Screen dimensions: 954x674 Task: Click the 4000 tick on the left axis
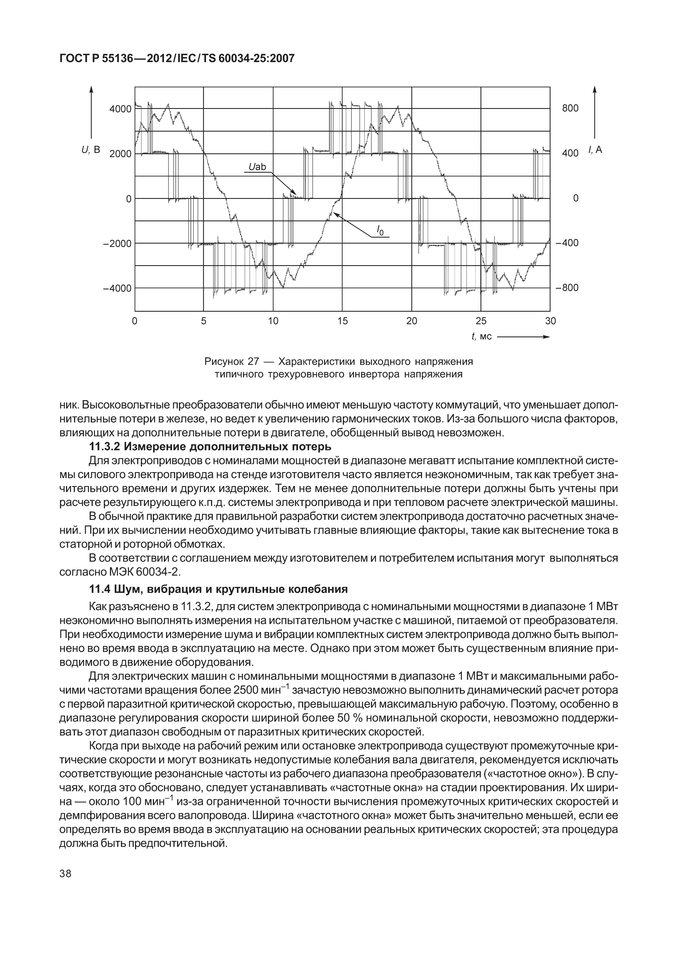coord(120,109)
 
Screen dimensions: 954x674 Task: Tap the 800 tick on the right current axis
coord(570,108)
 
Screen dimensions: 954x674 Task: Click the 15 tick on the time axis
coord(343,321)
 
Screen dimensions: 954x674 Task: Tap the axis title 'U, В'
coord(90,150)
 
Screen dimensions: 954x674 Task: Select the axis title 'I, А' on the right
coord(594,150)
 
